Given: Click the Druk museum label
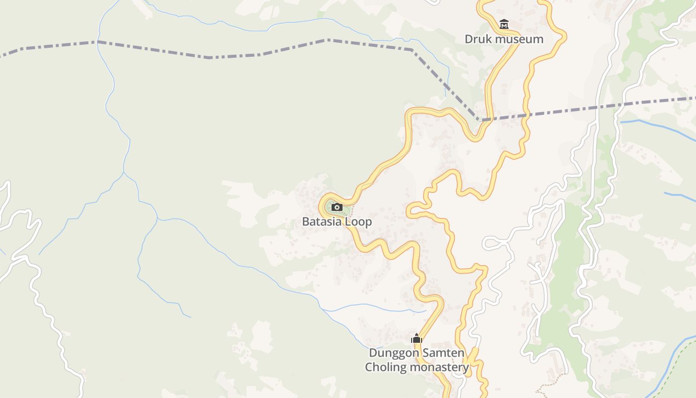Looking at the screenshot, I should coord(504,39).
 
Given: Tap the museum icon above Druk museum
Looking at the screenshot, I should coord(504,24).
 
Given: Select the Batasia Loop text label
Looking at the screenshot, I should coord(337,221).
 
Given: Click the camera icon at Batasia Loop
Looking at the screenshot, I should coord(337,207).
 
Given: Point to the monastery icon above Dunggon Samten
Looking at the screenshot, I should coord(416,338).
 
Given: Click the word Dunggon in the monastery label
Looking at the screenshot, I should coord(391,353).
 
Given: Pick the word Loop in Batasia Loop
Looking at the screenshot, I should coord(359,221).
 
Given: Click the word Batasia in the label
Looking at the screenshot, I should coord(323,221).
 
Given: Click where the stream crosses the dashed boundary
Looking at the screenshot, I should coord(98,42).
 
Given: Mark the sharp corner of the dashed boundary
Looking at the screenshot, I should coord(480,120).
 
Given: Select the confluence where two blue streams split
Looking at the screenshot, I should coord(124,173).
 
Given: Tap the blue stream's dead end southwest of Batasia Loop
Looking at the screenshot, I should coord(190,317).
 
